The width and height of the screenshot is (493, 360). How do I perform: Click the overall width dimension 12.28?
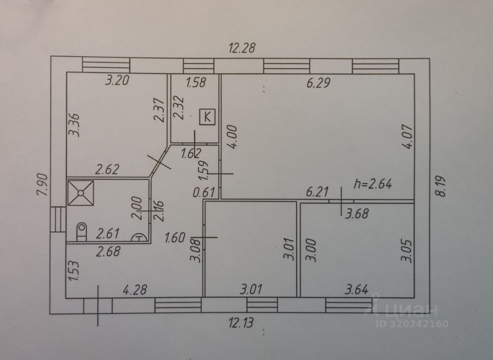pos(242,48)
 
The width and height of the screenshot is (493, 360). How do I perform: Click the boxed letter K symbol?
pos(207,116)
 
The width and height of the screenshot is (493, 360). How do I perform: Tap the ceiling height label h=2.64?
pos(372,184)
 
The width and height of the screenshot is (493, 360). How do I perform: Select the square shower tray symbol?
pos(80,192)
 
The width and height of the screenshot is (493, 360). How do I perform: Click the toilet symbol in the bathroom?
pos(82,232)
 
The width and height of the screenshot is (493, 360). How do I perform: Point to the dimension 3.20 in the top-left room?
pos(117,81)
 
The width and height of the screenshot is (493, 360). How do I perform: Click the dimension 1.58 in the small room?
pos(196,82)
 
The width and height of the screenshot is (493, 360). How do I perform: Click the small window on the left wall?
pos(58,220)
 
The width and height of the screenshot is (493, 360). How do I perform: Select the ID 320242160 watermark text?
pos(411,323)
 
